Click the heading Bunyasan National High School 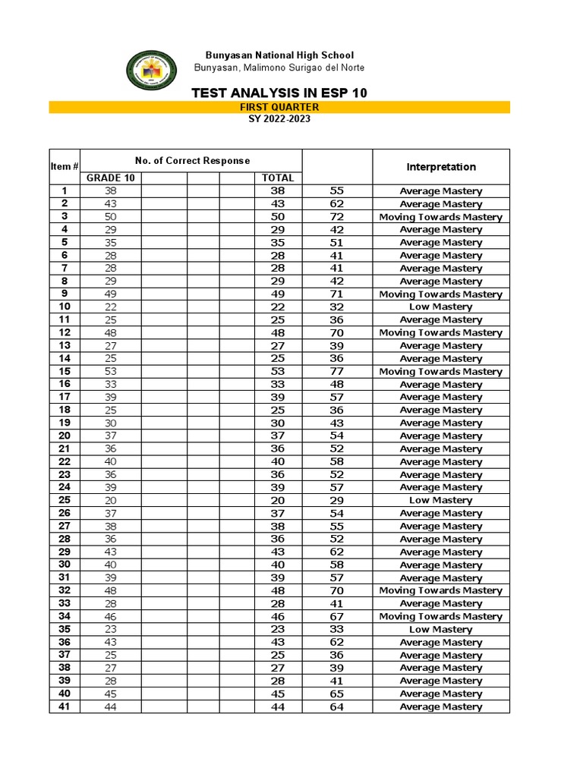coord(279,55)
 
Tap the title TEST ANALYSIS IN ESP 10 coord(279,93)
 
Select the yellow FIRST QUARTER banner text coord(279,108)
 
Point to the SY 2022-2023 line coord(279,119)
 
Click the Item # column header coord(65,166)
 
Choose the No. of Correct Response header coord(192,160)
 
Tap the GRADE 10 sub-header coord(110,178)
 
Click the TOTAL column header coord(277,178)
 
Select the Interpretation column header coord(441,167)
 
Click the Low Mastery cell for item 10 coord(441,307)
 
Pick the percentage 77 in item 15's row coord(337,372)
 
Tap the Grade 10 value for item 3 coord(110,217)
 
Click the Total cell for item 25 coord(277,501)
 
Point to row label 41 coord(65,706)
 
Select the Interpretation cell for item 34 coord(441,617)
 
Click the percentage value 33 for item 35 coord(337,630)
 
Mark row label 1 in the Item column coord(65,191)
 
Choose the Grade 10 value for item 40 coord(110,694)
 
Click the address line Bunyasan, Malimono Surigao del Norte coord(279,68)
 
